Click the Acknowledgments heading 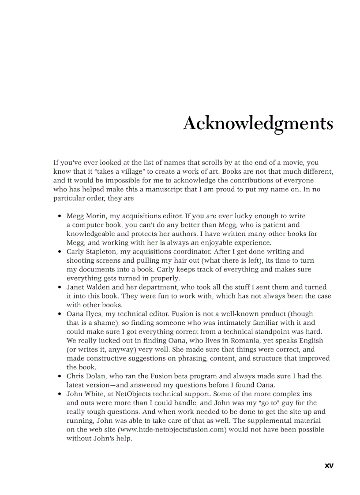[x=258, y=123]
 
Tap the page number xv [x=329, y=465]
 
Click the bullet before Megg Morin [x=60, y=216]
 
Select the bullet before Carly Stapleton [x=60, y=252]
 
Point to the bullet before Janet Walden [x=60, y=287]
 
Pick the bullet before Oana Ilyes [x=60, y=314]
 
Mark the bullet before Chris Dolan [x=60, y=376]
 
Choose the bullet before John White [x=60, y=394]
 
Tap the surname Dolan [x=94, y=376]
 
